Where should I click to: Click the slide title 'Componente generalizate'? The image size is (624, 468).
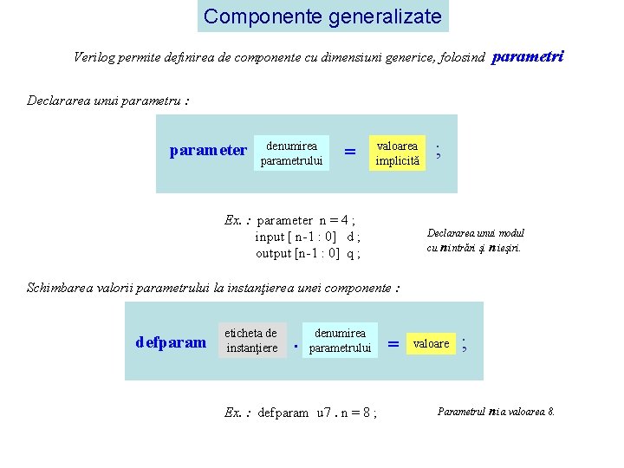pos(322,16)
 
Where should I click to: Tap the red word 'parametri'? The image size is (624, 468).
pos(528,57)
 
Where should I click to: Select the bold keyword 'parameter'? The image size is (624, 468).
pos(208,151)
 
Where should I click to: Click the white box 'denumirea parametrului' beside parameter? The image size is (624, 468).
pos(291,153)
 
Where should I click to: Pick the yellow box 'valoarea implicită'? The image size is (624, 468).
pos(397,153)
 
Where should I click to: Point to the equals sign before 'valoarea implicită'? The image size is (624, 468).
pos(350,152)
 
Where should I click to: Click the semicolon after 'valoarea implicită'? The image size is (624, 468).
pos(439,150)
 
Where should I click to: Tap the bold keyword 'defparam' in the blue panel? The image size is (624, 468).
pos(172,342)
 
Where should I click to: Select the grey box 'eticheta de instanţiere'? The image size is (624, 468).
pos(251,340)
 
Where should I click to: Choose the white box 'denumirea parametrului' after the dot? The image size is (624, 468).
pos(340,340)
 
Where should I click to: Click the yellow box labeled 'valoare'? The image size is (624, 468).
pos(431,343)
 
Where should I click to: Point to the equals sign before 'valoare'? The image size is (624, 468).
pos(393,344)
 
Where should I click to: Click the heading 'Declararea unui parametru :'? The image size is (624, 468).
pos(108,100)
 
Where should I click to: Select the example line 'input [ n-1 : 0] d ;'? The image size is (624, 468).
pos(308,237)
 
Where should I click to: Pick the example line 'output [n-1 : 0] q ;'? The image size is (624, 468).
pos(308,253)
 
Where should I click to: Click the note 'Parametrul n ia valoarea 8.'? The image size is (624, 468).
pos(496,412)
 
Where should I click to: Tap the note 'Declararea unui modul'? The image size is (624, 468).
pos(475,232)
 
